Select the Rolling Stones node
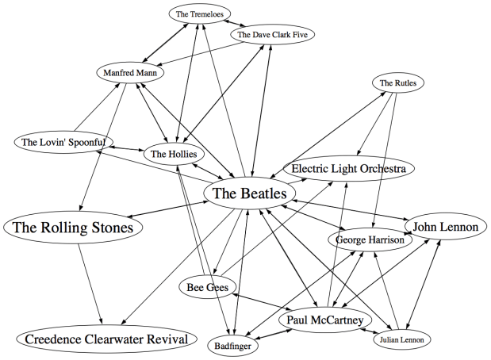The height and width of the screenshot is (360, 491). pos(73,228)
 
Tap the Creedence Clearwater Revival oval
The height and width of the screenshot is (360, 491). pos(105,339)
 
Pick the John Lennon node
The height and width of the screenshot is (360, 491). pos(443,228)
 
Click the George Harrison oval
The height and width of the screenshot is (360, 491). pos(370,239)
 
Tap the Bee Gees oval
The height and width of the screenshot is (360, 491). pos(208,287)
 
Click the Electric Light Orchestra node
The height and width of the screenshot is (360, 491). pos(348,169)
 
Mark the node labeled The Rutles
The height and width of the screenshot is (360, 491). pos(397,83)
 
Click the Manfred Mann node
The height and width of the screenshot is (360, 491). pos(131,74)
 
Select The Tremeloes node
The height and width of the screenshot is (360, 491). pos(198,14)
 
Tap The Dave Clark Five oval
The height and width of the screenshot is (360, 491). pos(272,35)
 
